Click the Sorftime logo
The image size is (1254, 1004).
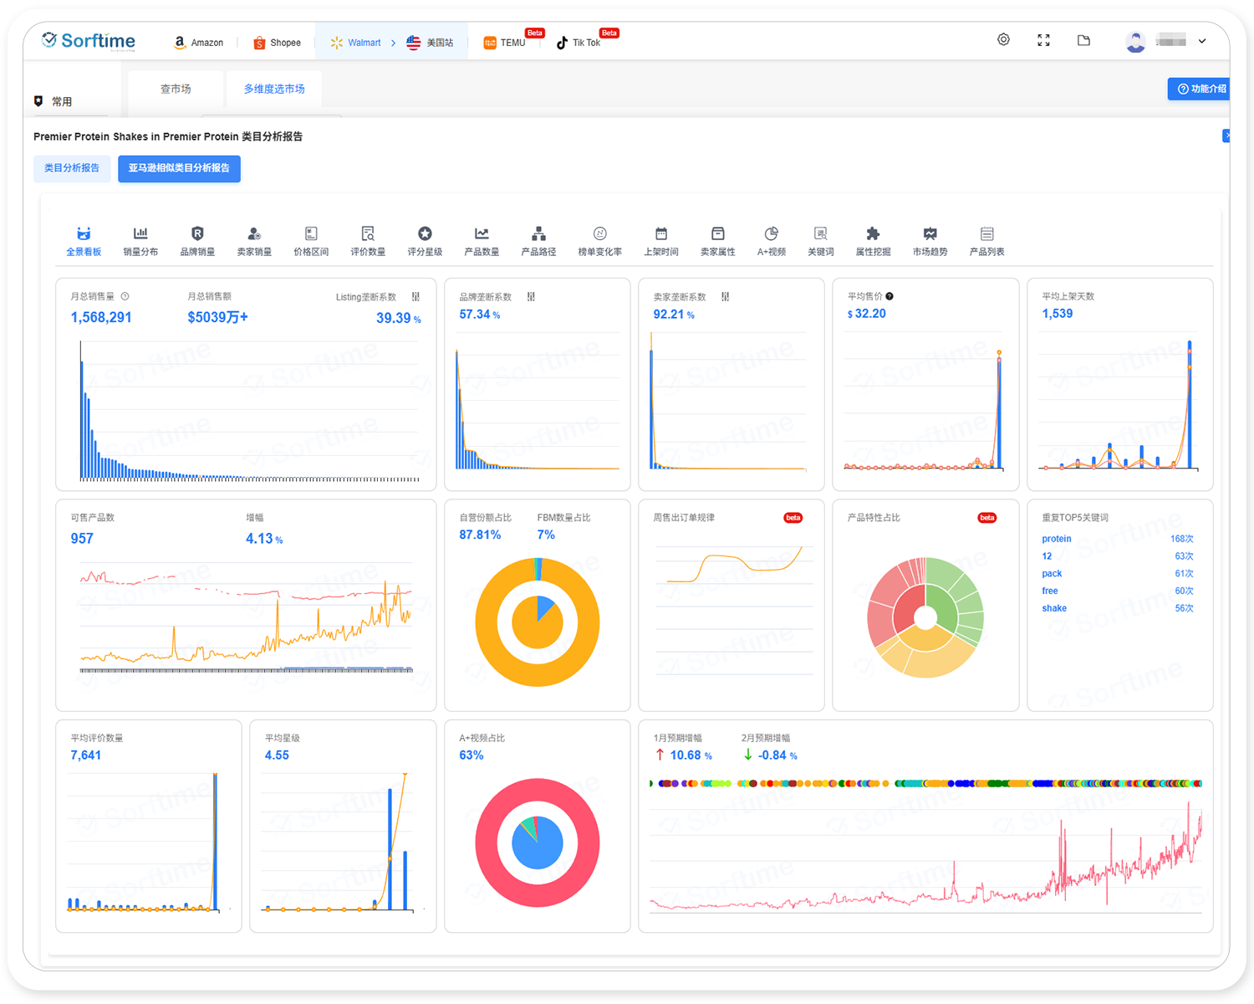[89, 41]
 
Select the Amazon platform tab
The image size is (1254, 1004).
[199, 43]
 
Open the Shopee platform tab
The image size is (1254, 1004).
[278, 43]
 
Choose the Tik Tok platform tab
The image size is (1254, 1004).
[579, 43]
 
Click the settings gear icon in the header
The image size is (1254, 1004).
[1003, 40]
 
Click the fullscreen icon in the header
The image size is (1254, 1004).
[1043, 40]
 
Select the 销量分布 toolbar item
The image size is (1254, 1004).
[140, 241]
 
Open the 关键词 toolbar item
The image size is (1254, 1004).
[821, 241]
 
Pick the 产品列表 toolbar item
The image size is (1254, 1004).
[986, 241]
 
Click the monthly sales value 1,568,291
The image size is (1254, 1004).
[101, 318]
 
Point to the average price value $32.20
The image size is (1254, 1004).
[867, 314]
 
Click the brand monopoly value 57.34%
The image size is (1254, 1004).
[480, 315]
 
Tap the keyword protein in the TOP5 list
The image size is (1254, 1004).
[1057, 539]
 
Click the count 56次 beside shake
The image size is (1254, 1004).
[1184, 608]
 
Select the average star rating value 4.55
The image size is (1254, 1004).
[277, 756]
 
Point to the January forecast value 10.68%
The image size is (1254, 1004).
[691, 756]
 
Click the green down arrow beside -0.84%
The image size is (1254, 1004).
[747, 755]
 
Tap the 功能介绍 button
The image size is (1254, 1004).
[1201, 89]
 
